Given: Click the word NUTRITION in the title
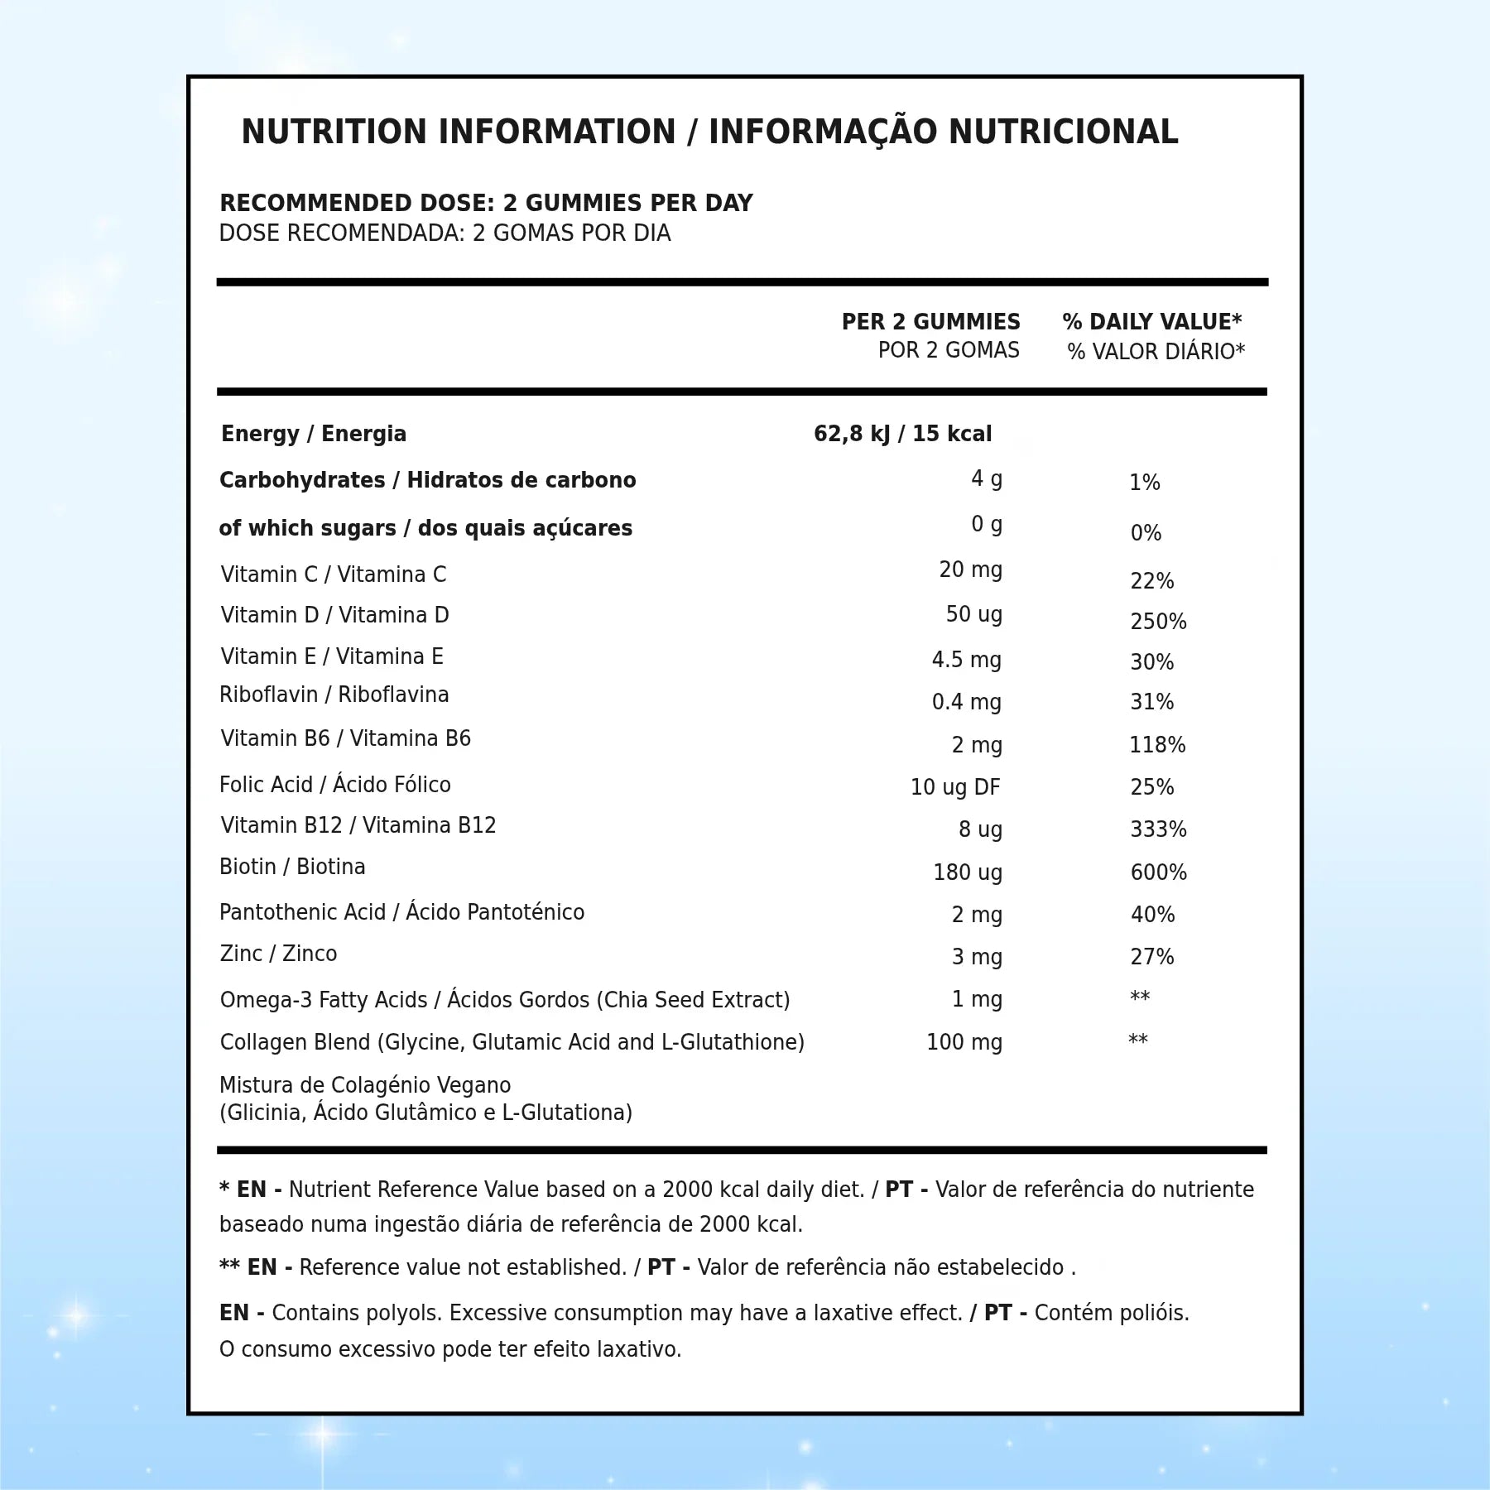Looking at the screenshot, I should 334,132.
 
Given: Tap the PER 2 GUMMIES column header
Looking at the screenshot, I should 930,322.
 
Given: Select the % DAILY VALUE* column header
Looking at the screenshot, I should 1151,322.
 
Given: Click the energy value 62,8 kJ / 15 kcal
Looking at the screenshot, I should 902,434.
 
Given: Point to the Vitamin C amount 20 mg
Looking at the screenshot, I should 970,570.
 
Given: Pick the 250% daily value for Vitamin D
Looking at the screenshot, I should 1158,622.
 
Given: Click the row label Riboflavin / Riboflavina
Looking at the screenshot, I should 334,695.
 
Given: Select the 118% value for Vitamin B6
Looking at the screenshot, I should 1157,745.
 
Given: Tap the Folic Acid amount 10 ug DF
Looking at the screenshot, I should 955,787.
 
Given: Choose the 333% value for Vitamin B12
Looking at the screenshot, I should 1158,829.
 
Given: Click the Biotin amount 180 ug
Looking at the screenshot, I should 968,872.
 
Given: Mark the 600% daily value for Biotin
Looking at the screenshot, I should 1158,872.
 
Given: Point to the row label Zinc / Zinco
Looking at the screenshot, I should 278,954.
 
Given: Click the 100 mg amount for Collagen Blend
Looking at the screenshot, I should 964,1042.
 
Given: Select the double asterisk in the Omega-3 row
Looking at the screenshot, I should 1140,997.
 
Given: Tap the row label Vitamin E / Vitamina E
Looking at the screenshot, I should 332,656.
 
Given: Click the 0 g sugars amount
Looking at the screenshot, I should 986,525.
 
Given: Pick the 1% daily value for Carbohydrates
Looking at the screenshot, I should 1145,483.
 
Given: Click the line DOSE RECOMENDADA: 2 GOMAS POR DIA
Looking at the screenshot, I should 445,233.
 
